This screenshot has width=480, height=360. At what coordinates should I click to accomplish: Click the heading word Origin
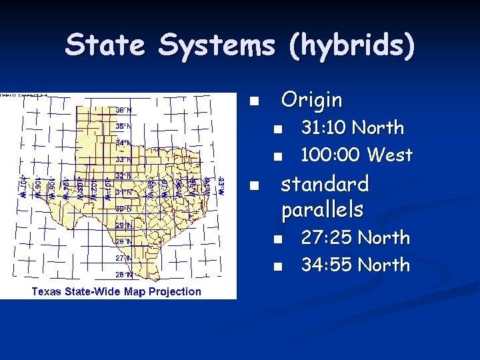coord(311,100)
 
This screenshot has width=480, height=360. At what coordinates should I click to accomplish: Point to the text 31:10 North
coord(352,127)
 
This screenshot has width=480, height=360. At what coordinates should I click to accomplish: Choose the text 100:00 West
coord(357,155)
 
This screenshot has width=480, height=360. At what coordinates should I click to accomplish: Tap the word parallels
coord(322,210)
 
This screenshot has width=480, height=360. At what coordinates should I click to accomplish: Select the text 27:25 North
coord(355,237)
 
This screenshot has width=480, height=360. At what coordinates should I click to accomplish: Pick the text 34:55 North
coord(355,265)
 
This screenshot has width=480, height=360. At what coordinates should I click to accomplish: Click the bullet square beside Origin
coord(253,102)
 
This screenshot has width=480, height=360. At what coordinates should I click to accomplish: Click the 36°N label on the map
coord(124,109)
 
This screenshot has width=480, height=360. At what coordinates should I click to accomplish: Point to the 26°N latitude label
coord(124,273)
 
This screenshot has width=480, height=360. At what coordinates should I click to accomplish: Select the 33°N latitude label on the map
coord(124,159)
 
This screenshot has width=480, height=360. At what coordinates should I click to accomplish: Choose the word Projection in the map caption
coord(177,291)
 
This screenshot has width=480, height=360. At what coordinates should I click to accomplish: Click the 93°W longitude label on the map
coord(222,183)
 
